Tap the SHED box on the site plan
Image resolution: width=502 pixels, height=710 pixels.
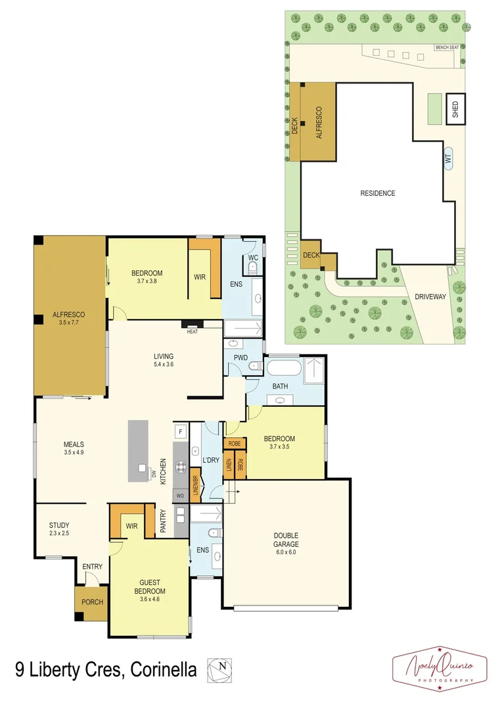click(455, 109)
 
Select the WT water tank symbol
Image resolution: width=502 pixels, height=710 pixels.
click(449, 158)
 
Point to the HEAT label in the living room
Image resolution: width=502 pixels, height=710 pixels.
click(192, 331)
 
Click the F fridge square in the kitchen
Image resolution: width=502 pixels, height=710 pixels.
click(179, 432)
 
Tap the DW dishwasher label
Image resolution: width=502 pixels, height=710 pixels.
click(154, 473)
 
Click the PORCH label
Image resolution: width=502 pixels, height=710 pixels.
click(91, 602)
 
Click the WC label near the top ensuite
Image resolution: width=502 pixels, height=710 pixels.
click(253, 258)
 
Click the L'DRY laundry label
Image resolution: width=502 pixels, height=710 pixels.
click(210, 460)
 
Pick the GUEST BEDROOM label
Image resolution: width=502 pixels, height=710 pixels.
click(150, 586)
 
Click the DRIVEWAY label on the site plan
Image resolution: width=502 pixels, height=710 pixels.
click(430, 296)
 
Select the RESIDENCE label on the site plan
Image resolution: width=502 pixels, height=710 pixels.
click(378, 193)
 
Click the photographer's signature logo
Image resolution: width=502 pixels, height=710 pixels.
click(439, 668)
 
